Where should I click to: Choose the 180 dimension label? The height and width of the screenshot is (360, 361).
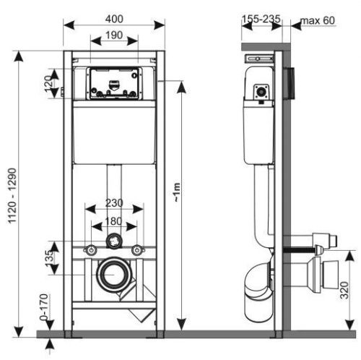click(114, 220)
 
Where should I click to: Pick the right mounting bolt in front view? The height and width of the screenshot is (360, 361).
click(139, 251)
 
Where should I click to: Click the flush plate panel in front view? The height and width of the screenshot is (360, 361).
click(114, 83)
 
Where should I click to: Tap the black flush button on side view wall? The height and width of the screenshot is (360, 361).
click(290, 81)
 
